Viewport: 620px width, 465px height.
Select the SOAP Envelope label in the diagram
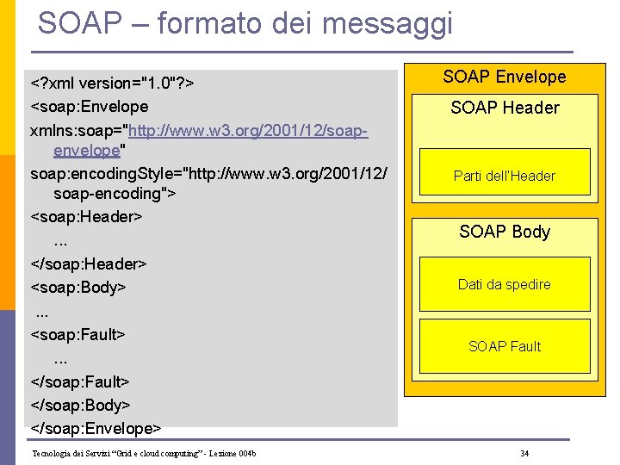click(504, 77)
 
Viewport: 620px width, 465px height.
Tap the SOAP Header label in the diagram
click(505, 108)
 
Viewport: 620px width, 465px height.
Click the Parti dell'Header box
click(505, 176)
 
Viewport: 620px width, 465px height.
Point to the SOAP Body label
click(505, 232)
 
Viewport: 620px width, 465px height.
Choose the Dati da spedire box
click(505, 284)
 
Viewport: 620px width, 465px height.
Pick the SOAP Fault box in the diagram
click(505, 346)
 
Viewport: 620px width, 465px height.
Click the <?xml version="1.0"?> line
click(112, 84)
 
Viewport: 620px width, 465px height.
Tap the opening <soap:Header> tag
click(86, 216)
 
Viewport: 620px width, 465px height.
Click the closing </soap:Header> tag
click(89, 263)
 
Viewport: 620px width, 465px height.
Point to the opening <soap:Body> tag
click(79, 287)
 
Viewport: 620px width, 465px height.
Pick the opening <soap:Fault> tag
click(78, 333)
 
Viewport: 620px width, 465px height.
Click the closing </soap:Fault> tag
click(81, 381)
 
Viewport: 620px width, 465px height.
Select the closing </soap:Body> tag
click(81, 404)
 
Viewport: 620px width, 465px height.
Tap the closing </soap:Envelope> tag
click(96, 427)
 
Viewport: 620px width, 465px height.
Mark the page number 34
click(524, 453)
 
